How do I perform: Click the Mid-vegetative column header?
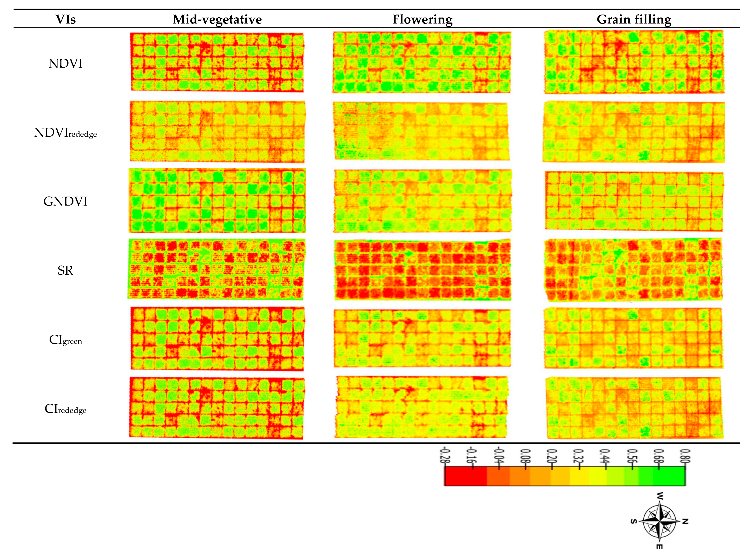pos(217,19)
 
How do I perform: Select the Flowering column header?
pos(422,19)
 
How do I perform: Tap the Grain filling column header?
pos(634,19)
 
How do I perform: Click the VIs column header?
pos(65,19)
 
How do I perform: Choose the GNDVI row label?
pos(65,201)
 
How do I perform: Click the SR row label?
pos(65,270)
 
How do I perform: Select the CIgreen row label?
pos(65,340)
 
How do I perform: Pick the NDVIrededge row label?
pos(65,133)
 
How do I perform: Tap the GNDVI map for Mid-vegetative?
pos(217,201)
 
